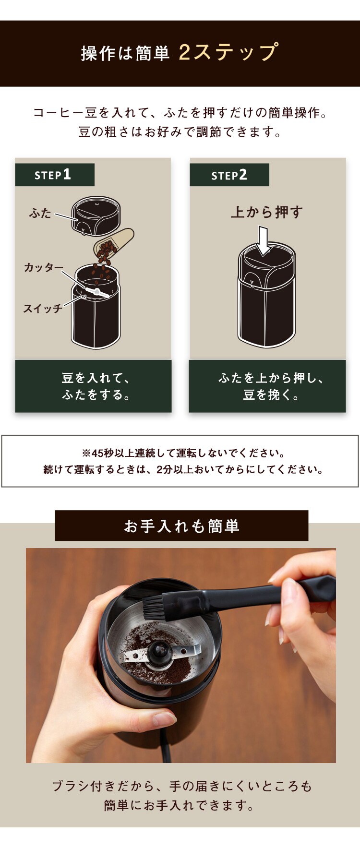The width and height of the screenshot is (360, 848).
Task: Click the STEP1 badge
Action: (x=54, y=175)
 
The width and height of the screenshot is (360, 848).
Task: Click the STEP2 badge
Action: (x=229, y=175)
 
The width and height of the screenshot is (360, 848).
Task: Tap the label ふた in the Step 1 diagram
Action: (x=40, y=213)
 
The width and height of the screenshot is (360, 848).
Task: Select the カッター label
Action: (x=43, y=267)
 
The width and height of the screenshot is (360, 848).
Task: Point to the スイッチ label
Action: (x=43, y=309)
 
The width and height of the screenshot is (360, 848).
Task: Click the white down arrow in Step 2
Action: (x=264, y=241)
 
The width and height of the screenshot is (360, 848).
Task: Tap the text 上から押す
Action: (x=267, y=212)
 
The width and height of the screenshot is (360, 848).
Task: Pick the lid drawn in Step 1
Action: (x=96, y=215)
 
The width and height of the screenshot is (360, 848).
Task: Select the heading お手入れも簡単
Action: (x=181, y=526)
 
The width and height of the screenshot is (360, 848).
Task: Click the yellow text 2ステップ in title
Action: (x=228, y=52)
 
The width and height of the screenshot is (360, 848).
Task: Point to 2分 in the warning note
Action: (x=165, y=469)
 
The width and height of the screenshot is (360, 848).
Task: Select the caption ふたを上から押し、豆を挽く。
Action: (x=267, y=386)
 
